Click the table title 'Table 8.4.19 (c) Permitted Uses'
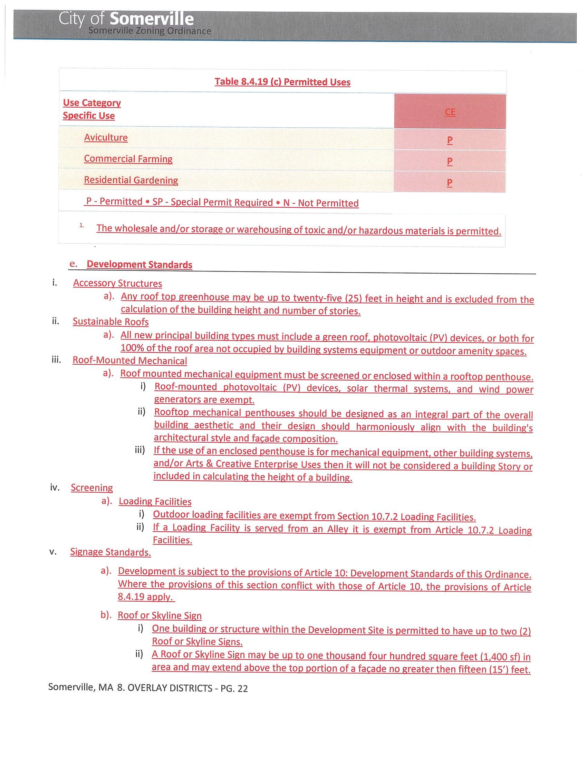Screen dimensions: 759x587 coord(282,82)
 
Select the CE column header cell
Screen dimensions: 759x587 coord(450,111)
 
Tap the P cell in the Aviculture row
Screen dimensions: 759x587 coord(450,140)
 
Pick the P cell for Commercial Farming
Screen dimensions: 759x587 coord(450,161)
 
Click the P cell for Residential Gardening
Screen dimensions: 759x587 coord(450,183)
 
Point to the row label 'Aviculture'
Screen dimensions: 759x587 coord(106,138)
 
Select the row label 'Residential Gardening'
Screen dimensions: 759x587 coord(131,180)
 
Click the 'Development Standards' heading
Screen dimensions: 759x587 coord(139,265)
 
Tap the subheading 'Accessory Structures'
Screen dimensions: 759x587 coord(117,283)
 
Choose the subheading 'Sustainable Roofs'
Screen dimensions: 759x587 coord(110,322)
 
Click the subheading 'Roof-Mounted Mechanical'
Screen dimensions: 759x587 coord(130,361)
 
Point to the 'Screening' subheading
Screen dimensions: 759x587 coord(92,487)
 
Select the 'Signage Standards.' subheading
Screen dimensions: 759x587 coord(110,552)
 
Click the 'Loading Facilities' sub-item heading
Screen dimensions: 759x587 coord(155,502)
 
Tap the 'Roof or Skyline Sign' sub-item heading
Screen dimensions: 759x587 coord(160,615)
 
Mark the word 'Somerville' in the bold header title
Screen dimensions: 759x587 coord(152,19)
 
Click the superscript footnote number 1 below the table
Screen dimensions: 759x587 coord(81,225)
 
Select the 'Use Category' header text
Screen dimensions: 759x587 coord(92,103)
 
